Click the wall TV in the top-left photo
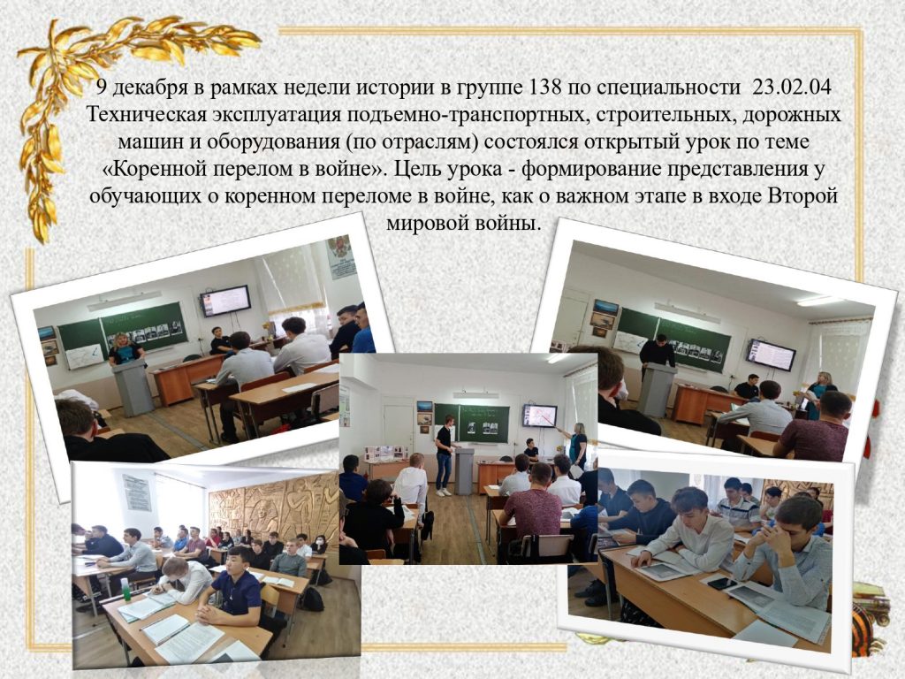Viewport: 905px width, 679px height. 225,301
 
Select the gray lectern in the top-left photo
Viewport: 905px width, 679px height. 133,387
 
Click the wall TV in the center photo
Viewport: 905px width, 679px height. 540,416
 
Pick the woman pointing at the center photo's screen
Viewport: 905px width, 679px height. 577,447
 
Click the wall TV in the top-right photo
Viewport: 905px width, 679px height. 771,355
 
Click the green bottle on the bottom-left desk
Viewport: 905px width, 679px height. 124,586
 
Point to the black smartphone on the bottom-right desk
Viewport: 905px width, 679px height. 722,583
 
